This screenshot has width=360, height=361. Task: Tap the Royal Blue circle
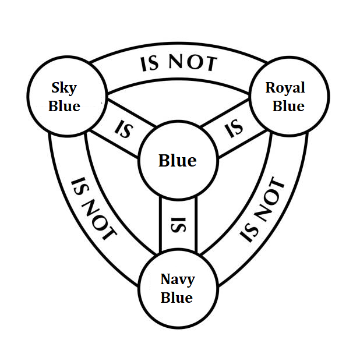coord(288,97)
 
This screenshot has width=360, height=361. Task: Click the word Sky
coord(64,89)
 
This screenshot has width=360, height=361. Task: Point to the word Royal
coord(285,88)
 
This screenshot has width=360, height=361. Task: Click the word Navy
coord(178,279)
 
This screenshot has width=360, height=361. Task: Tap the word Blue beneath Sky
coord(64,107)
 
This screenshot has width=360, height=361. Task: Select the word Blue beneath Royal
coord(288,107)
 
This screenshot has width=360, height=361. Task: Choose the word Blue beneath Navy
coord(177,298)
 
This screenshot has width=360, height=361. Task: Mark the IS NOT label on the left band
coord(92,210)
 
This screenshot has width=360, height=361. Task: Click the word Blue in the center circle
coord(178,161)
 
